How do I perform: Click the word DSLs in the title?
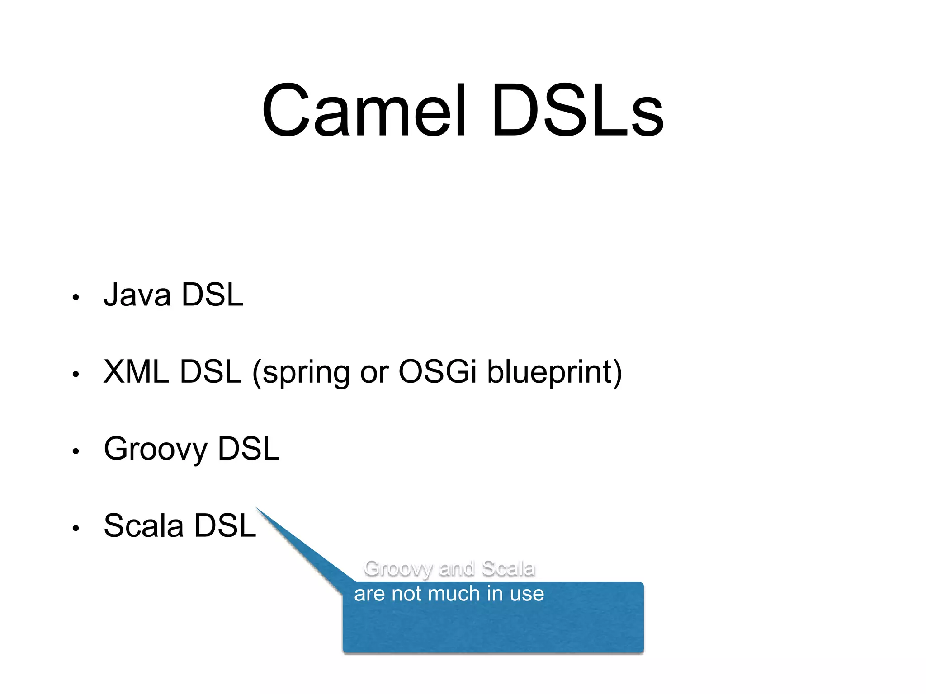click(577, 110)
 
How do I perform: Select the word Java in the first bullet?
click(137, 295)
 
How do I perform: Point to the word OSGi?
click(437, 372)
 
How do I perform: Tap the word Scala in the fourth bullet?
click(144, 525)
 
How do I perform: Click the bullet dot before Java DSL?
click(76, 297)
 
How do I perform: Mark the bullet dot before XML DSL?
click(76, 374)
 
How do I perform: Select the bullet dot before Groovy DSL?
click(76, 451)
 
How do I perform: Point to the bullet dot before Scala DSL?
click(76, 528)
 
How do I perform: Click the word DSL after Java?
click(212, 295)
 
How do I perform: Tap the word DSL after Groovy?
click(249, 449)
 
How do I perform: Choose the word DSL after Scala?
click(225, 525)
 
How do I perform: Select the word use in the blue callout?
click(527, 594)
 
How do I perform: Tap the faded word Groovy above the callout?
click(397, 569)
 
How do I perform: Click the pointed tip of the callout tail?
click(256, 508)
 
